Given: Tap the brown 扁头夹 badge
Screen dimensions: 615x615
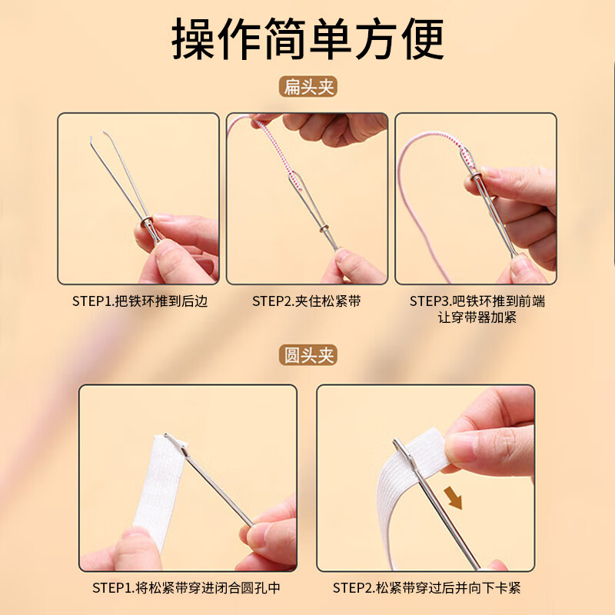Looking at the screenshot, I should coord(307,87).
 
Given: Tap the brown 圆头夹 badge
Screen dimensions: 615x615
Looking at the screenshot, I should coord(307,356).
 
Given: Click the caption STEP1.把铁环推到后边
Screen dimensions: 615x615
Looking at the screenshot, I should coord(138,301).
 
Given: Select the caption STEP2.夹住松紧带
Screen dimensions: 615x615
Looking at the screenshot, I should coord(307,301).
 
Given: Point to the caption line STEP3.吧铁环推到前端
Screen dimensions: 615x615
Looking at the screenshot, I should coord(477,301).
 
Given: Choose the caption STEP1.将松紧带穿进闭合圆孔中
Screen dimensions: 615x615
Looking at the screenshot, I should coord(188,588).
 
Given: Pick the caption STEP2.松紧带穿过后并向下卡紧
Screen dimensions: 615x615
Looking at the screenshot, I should coord(427,588).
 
